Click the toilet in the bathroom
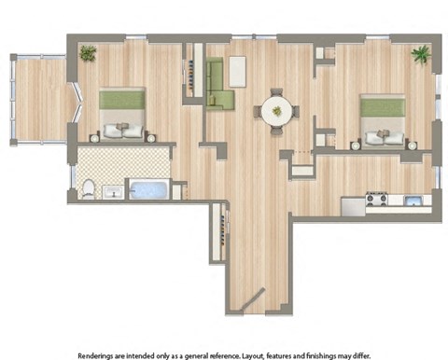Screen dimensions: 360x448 coord(88,190)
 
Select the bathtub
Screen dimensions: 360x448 coord(147,190)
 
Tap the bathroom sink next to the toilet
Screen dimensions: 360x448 coord(112,192)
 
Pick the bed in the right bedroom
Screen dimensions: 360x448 coord(383,118)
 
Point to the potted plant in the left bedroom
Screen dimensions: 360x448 coord(88,53)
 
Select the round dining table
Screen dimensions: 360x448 coord(275,111)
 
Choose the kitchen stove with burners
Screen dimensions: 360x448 coord(376,199)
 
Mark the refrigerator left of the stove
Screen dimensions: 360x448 coord(352,204)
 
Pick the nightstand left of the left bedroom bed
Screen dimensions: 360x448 coord(94,137)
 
